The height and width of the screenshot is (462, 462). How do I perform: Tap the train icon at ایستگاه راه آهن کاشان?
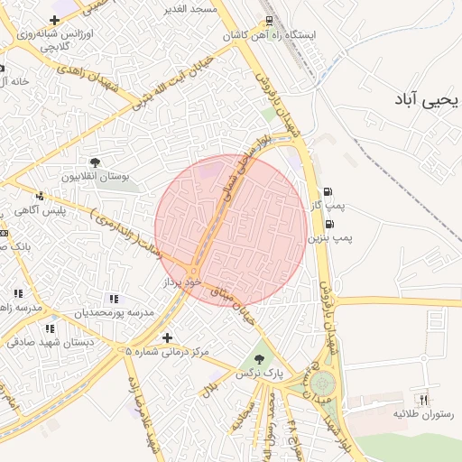pyautogui.click(x=269, y=21)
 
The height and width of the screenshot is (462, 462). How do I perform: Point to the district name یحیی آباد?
pyautogui.click(x=425, y=98)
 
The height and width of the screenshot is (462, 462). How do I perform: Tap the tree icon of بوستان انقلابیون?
pyautogui.click(x=95, y=162)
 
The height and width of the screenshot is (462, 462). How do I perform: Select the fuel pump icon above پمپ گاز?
pyautogui.click(x=327, y=191)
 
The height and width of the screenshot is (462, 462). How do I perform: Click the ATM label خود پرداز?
pyautogui.click(x=179, y=282)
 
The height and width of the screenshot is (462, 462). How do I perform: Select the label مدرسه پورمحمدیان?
pyautogui.click(x=114, y=312)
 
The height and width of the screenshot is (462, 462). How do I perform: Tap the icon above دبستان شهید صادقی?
pyautogui.click(x=50, y=328)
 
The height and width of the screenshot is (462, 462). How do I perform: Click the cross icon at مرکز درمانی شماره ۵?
pyautogui.click(x=166, y=337)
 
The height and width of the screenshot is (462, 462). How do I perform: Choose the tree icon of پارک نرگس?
pyautogui.click(x=260, y=359)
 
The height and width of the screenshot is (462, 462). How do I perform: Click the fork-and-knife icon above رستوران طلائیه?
pyautogui.click(x=421, y=399)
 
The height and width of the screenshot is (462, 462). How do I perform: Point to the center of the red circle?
pyautogui.click(x=230, y=231)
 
